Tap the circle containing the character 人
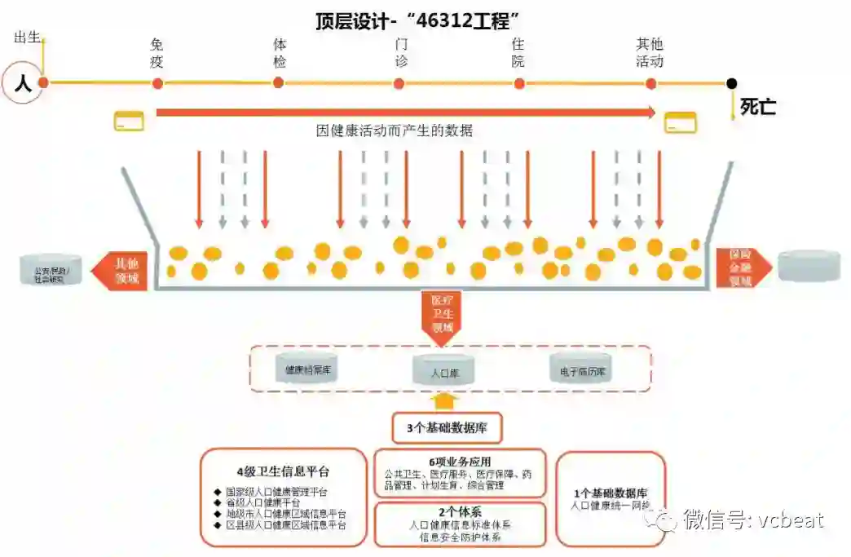tap(23, 82)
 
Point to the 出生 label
tap(28, 37)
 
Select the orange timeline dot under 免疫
tap(157, 83)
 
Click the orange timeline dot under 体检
tap(279, 82)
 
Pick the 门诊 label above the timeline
tap(400, 53)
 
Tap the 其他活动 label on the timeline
tap(650, 53)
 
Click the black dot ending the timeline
tap(731, 83)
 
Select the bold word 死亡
tap(757, 107)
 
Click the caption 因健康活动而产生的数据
tap(395, 130)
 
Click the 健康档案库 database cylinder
tap(306, 369)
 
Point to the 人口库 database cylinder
tap(445, 371)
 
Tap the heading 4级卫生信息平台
tap(283, 471)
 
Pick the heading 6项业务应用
tap(460, 462)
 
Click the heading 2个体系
tap(460, 512)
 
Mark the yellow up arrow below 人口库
tap(444, 400)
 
